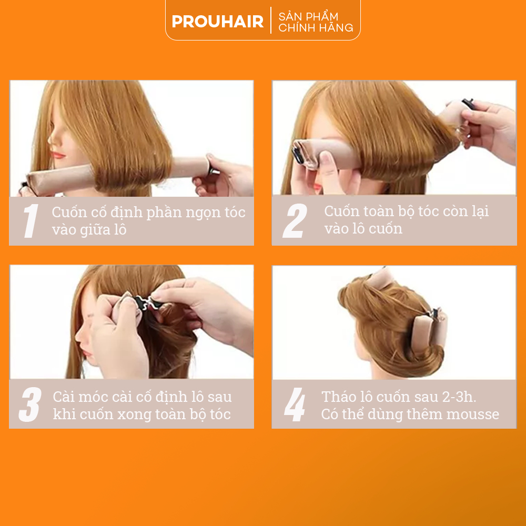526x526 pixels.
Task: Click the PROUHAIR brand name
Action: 217,22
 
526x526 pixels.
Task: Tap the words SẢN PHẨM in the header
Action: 308,16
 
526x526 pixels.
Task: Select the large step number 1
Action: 31,221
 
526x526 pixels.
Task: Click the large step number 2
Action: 295,221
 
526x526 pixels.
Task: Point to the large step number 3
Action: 30,404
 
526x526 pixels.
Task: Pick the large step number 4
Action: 295,404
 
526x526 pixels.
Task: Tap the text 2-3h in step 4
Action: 459,397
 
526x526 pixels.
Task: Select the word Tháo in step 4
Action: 338,397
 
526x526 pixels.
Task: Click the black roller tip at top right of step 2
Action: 468,102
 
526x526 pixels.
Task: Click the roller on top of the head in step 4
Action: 381,278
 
